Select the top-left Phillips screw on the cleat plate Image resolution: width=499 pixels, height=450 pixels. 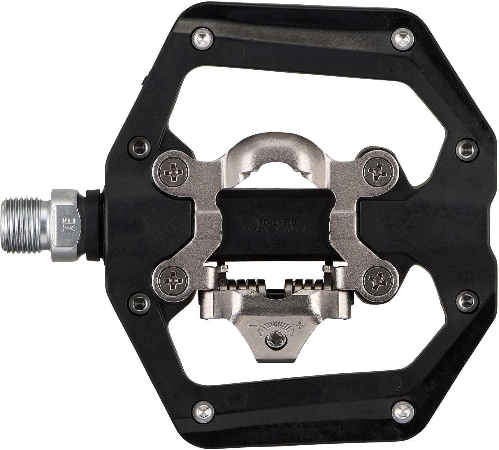tap(174, 173)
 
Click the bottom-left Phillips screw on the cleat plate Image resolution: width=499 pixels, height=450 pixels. tap(174, 280)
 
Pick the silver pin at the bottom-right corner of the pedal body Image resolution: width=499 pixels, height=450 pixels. tap(403, 411)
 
